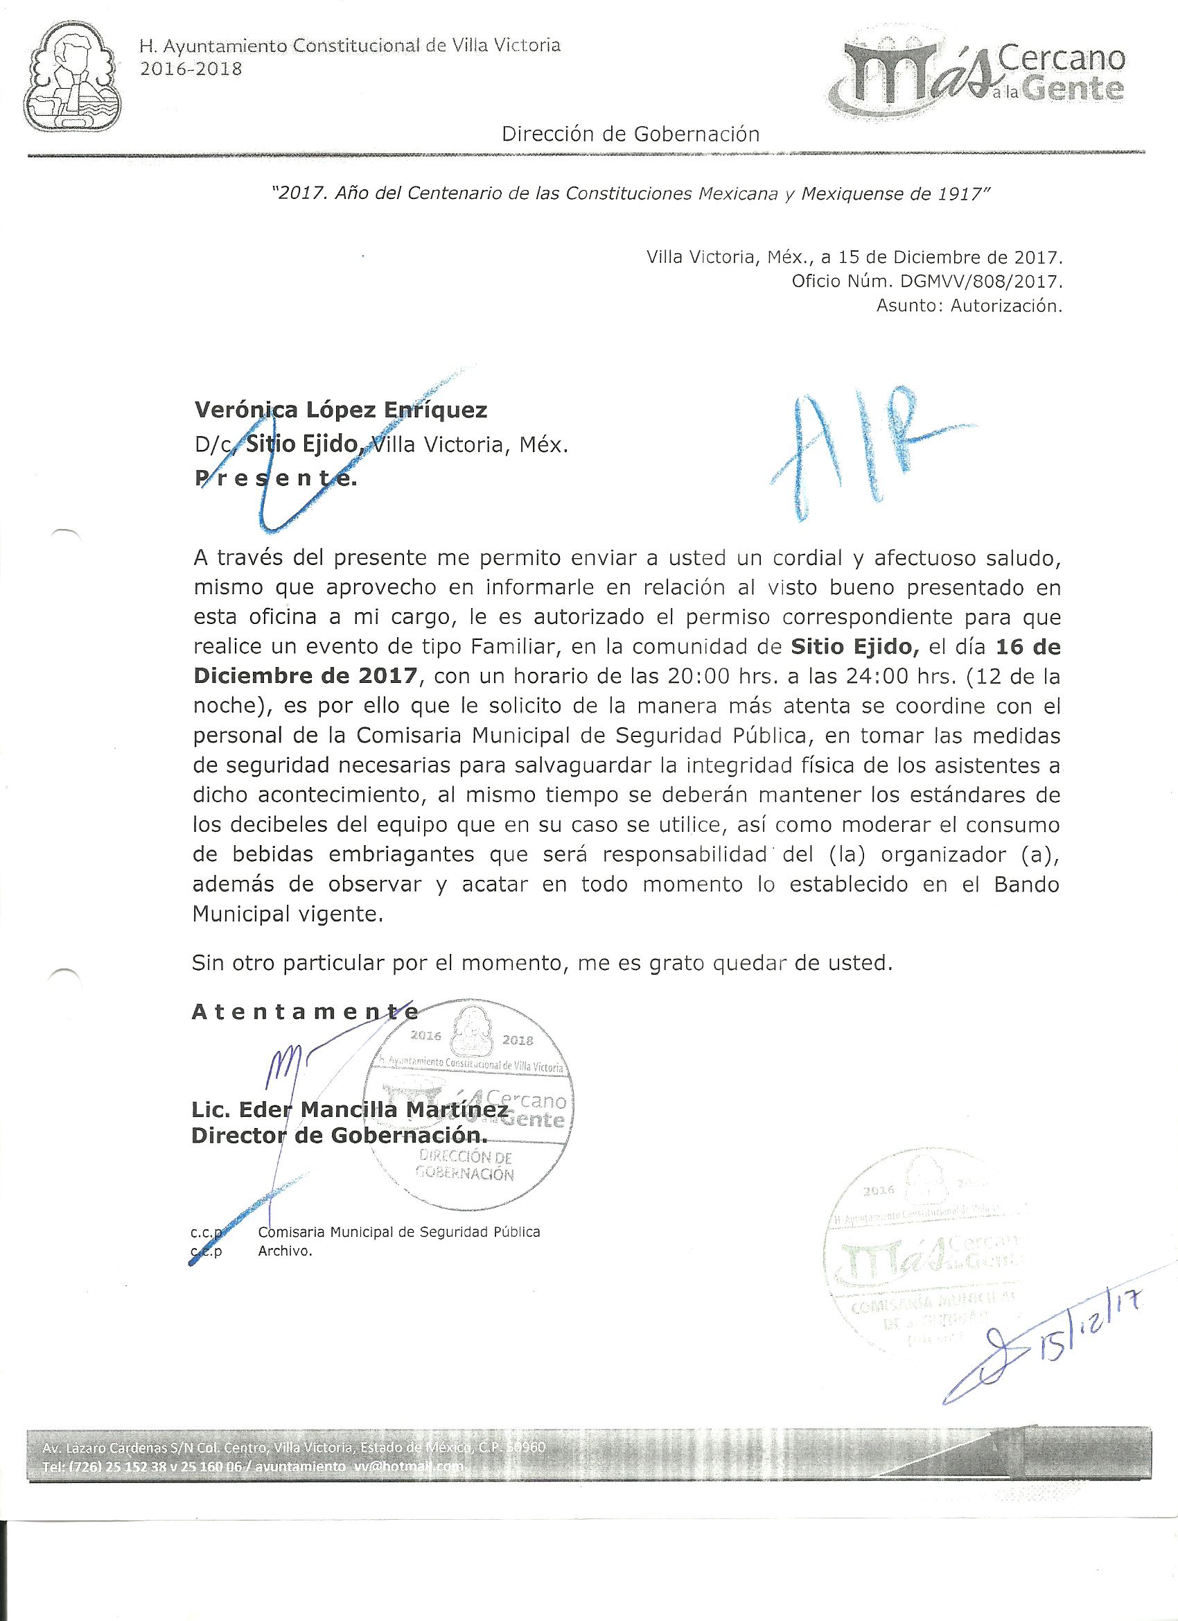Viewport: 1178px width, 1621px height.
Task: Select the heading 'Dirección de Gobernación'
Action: [x=630, y=134]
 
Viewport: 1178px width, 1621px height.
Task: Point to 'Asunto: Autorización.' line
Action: [x=969, y=306]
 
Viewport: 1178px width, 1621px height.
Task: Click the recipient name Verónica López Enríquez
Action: [x=341, y=410]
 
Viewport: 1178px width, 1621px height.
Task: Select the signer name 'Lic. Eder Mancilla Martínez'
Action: [x=350, y=1110]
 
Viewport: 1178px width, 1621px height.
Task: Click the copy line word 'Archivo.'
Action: [x=285, y=1251]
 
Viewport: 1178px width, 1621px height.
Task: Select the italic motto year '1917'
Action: [x=961, y=194]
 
